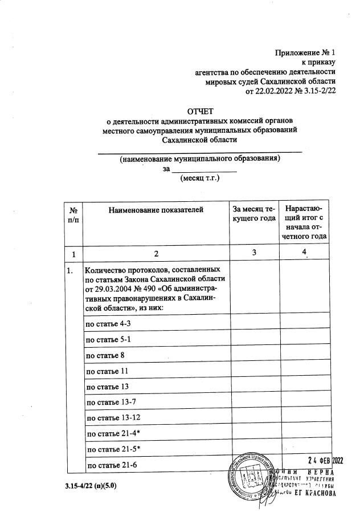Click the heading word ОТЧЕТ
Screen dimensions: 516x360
(199, 111)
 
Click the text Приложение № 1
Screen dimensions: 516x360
(305, 53)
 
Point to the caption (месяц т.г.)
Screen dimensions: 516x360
(199, 178)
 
